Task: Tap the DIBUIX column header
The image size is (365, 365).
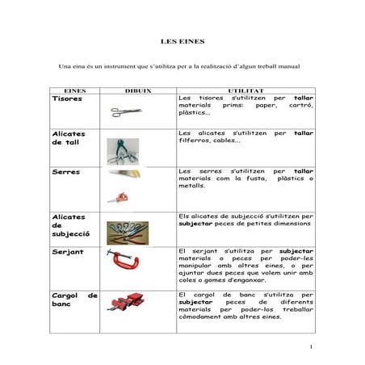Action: tap(138, 91)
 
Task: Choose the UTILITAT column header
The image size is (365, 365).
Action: tap(245, 91)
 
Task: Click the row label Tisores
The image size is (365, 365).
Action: tap(66, 99)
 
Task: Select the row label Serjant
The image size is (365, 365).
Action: tap(67, 252)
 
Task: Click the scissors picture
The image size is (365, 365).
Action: tap(126, 111)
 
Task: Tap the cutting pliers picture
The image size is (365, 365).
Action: tap(124, 149)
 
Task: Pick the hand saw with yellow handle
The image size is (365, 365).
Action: tap(125, 173)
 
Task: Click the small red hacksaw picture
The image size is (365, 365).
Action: tap(119, 197)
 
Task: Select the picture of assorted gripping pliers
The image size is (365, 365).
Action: tap(127, 232)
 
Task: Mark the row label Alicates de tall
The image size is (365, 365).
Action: tap(69, 138)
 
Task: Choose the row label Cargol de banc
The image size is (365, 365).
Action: tap(74, 301)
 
